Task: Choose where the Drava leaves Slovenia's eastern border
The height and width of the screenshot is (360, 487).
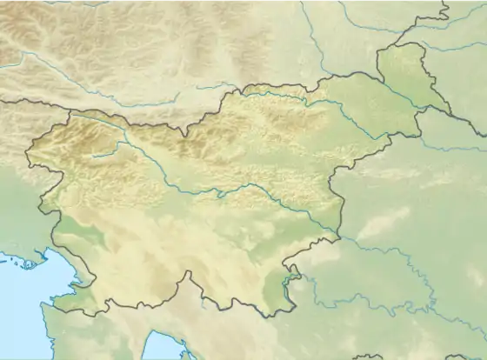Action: (x=396, y=137)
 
